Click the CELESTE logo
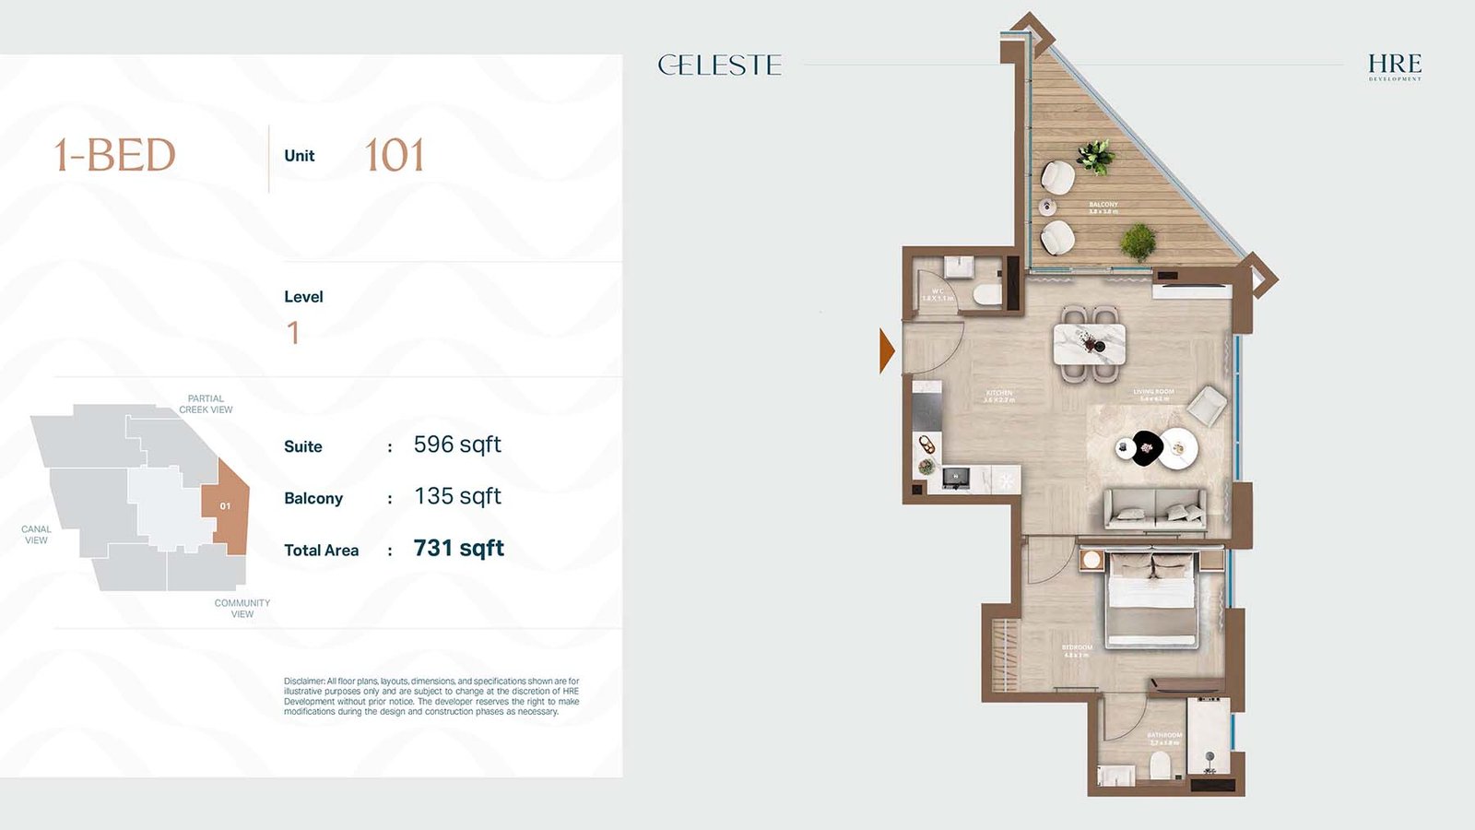click(x=720, y=65)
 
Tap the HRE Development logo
click(x=1394, y=65)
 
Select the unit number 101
click(x=395, y=155)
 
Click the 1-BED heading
click(x=114, y=155)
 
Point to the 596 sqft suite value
click(x=457, y=445)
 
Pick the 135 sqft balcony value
click(x=457, y=496)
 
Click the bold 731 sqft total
click(x=458, y=548)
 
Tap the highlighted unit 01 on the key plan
click(x=227, y=506)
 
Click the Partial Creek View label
click(x=206, y=404)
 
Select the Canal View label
click(x=36, y=535)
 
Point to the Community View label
click(x=242, y=608)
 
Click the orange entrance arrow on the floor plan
click(x=886, y=350)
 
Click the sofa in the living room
click(x=1155, y=508)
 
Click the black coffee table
click(x=1146, y=448)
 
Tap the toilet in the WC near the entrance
click(x=986, y=295)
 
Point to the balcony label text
click(x=1103, y=207)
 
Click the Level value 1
click(x=293, y=332)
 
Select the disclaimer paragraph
click(x=431, y=696)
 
